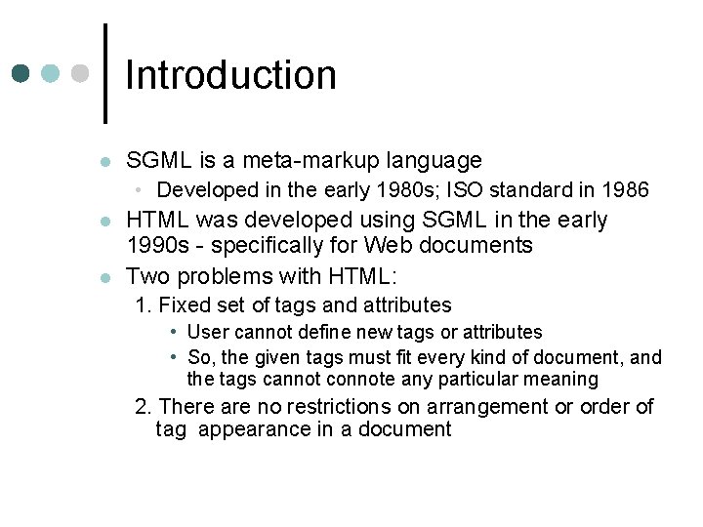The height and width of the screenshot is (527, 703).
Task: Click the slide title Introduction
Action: (x=230, y=75)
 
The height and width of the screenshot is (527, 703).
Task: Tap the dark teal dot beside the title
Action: (x=21, y=74)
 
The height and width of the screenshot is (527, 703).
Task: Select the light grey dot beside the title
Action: (x=80, y=74)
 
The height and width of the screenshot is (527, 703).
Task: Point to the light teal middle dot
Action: (x=51, y=74)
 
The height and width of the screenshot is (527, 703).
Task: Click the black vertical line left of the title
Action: (x=104, y=73)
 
